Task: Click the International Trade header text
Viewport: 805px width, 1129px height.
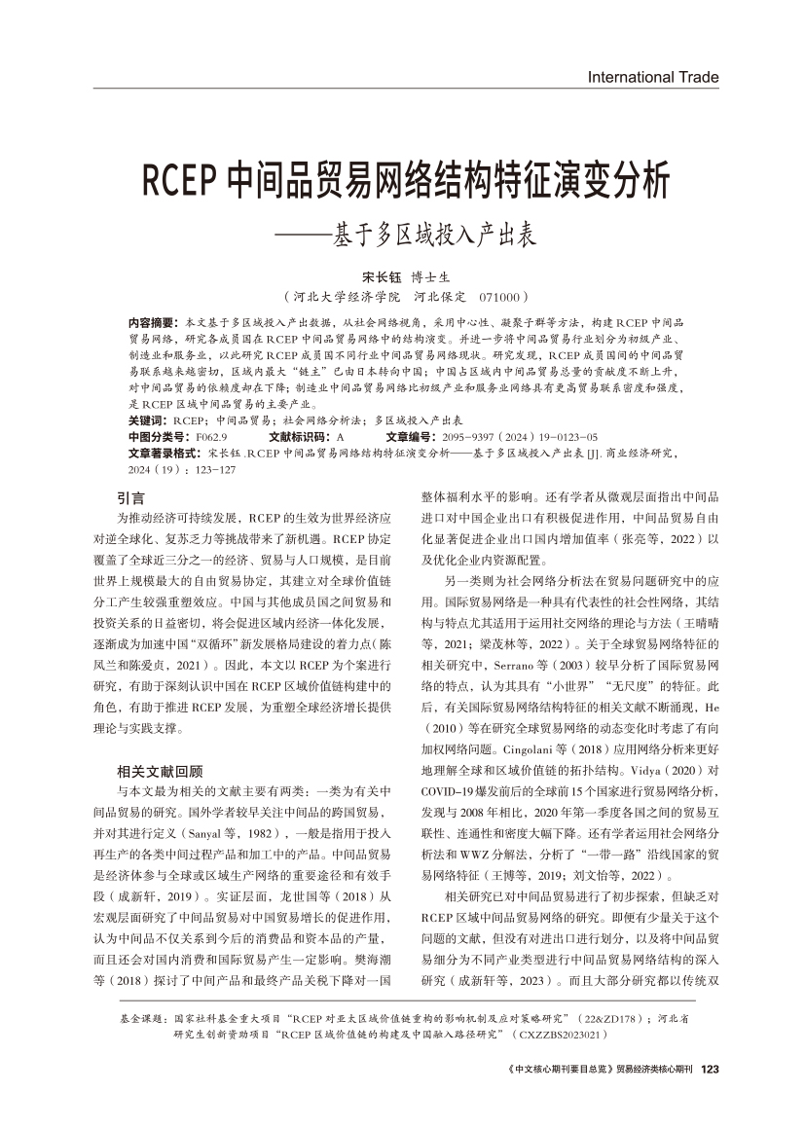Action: click(x=653, y=77)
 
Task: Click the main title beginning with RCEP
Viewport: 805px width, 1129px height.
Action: click(x=407, y=180)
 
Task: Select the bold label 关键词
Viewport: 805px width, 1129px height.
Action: click(x=147, y=419)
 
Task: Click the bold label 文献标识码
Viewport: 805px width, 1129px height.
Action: click(x=300, y=437)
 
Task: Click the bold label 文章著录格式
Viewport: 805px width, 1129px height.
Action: click(x=165, y=454)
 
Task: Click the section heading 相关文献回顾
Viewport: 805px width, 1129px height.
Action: click(x=160, y=743)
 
